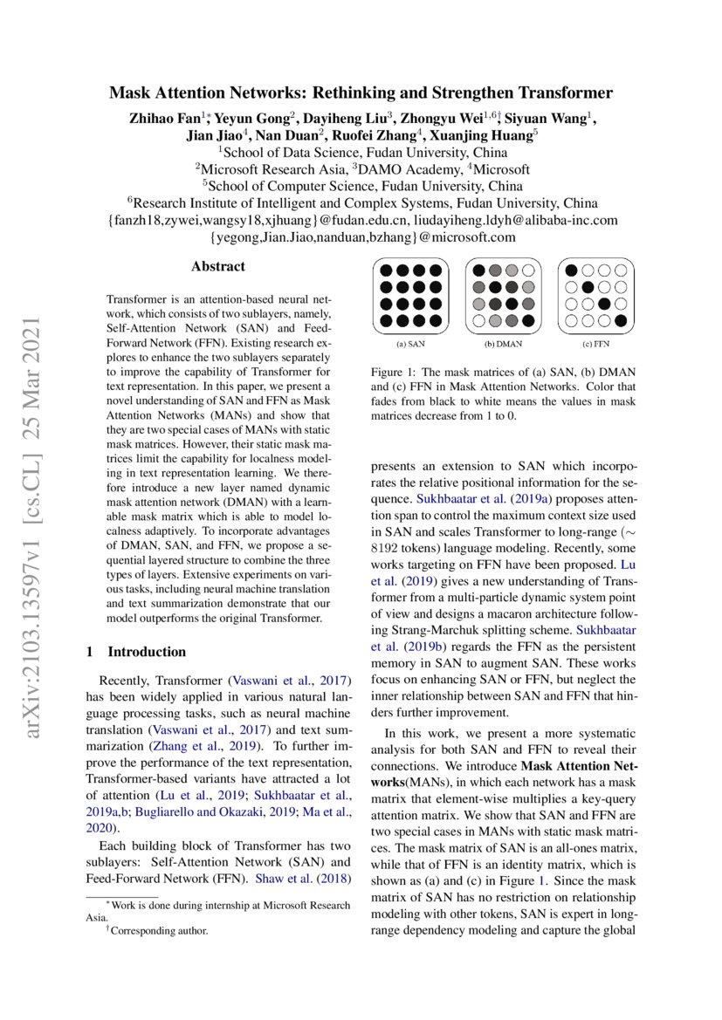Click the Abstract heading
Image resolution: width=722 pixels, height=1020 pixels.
[218, 266]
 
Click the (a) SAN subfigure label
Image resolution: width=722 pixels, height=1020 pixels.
[409, 343]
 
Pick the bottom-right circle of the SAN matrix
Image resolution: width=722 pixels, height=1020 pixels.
[436, 320]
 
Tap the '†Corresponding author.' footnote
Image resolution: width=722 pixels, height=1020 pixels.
[157, 931]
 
